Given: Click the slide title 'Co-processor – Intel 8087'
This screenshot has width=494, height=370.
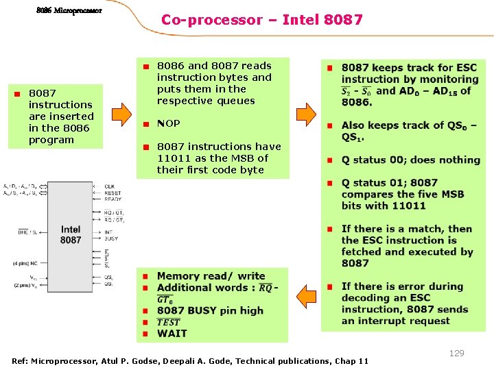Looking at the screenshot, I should coord(261,20).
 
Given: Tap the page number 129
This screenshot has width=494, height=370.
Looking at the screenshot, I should coord(456,353).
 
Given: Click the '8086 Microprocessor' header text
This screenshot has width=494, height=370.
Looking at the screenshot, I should coord(69,10).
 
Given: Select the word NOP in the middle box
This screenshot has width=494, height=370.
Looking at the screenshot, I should coord(168,123).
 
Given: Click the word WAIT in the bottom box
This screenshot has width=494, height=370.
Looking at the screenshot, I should coord(172,334).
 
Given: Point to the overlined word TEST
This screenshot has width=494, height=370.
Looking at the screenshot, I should coord(169,322).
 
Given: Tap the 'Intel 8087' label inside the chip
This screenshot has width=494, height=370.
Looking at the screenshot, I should coord(71,235).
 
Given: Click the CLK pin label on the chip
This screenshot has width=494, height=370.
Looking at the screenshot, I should coord(110,186).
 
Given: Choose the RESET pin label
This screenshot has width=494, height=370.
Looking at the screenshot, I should coord(113,193).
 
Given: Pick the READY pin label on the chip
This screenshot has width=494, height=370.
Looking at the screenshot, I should coord(113,199).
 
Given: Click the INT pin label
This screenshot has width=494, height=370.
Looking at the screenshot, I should coord(108,232).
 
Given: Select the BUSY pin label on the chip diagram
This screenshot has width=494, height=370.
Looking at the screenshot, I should coord(110,238).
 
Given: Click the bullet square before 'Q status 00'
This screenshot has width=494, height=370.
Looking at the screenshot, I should coord(329,160).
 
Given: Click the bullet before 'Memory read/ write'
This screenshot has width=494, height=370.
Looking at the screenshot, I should coord(145,276).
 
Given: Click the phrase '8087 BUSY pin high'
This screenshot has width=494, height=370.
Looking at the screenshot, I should coord(210,310).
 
